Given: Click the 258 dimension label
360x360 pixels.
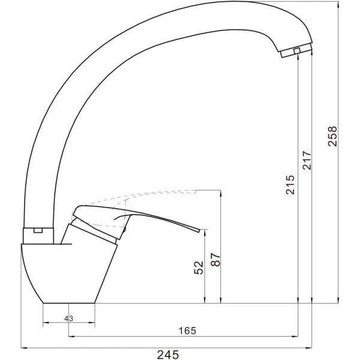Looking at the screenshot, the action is tap(332, 136).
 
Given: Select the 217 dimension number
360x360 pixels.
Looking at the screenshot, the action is tap(307, 160).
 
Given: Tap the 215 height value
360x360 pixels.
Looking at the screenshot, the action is tap(290, 185).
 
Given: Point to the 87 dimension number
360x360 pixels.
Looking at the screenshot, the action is tap(215, 260).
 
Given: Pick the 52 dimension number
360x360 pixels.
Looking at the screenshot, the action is tap(199, 268).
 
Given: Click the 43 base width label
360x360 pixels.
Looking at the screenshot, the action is tap(68, 319).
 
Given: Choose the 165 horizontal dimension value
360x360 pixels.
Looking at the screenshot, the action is tap(188, 331).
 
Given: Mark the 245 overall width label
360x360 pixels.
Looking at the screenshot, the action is tap(168, 354).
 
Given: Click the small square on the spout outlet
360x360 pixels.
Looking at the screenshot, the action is tap(297, 51).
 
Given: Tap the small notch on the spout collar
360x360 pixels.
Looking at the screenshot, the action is tap(38, 230).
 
